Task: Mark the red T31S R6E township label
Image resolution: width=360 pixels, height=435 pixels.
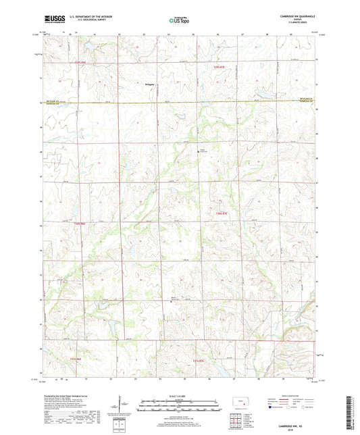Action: tap(75, 359)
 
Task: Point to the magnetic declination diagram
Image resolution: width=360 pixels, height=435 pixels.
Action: tap(122, 407)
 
